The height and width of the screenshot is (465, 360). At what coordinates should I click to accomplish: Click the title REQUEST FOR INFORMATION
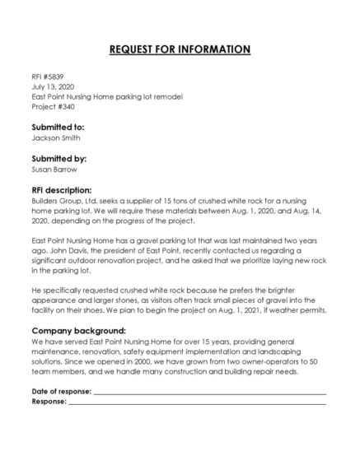pos(180,49)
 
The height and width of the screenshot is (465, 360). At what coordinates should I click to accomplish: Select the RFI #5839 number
pos(49,77)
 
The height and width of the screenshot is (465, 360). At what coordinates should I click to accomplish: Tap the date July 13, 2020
pos(53,86)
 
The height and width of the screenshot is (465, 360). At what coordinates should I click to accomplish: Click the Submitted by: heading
pos(58,159)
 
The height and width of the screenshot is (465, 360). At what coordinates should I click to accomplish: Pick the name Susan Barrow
pos(55,170)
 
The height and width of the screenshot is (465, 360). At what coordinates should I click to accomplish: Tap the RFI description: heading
pos(62,190)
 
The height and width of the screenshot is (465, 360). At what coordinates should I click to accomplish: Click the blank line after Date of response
pos(209,393)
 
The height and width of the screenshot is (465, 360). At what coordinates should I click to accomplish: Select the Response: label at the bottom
pos(49,402)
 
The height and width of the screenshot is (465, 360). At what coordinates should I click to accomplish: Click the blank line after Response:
pos(197,403)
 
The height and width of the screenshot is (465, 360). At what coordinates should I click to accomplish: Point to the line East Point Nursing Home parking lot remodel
pos(107,96)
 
